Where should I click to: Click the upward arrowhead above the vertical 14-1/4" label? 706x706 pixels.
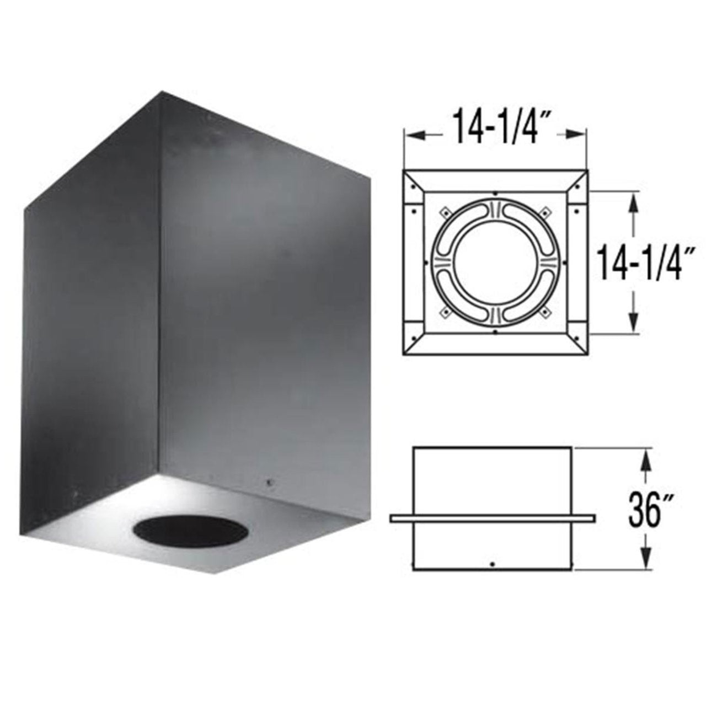coord(634,200)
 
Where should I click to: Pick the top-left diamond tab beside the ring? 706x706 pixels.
coord(443,210)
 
